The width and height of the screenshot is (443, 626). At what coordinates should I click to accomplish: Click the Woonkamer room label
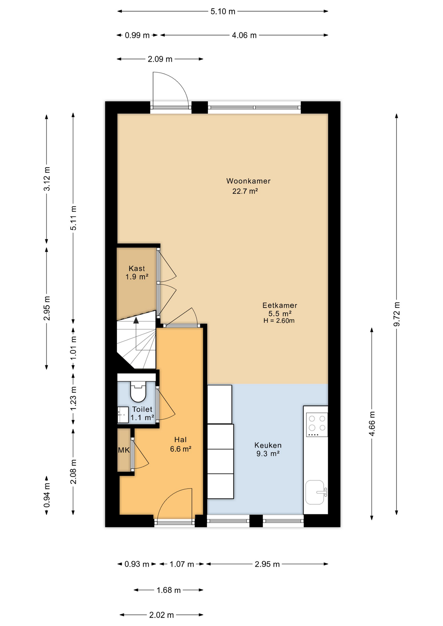(248, 181)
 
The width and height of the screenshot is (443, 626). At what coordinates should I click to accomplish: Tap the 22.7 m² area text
(245, 191)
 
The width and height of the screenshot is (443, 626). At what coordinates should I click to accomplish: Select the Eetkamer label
(280, 306)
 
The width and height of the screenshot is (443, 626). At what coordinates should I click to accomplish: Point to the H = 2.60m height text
(279, 321)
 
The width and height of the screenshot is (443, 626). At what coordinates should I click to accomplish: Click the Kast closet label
(137, 269)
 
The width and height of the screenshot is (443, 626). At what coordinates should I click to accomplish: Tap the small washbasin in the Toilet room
(123, 415)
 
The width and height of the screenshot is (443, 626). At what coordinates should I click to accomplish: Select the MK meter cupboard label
(124, 450)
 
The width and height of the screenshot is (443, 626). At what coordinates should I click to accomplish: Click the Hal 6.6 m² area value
(180, 449)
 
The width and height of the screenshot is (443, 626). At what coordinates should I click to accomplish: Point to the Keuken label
(268, 445)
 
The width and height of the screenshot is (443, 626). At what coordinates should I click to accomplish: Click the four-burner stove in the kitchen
(317, 425)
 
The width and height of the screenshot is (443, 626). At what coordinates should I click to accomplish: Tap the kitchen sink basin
(315, 492)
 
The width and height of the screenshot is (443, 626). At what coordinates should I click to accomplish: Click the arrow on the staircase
(136, 320)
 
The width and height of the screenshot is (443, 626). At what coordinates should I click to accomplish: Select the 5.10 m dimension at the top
(223, 12)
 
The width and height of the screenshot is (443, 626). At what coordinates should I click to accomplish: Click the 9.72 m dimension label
(397, 314)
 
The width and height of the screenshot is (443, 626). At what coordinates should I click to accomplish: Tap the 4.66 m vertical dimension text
(372, 424)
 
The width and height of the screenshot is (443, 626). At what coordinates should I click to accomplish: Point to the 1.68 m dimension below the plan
(168, 590)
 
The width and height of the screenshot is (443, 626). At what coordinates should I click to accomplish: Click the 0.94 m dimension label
(47, 495)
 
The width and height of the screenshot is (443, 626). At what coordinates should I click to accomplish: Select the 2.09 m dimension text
(160, 59)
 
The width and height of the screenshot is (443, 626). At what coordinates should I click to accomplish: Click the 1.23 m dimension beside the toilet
(73, 398)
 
